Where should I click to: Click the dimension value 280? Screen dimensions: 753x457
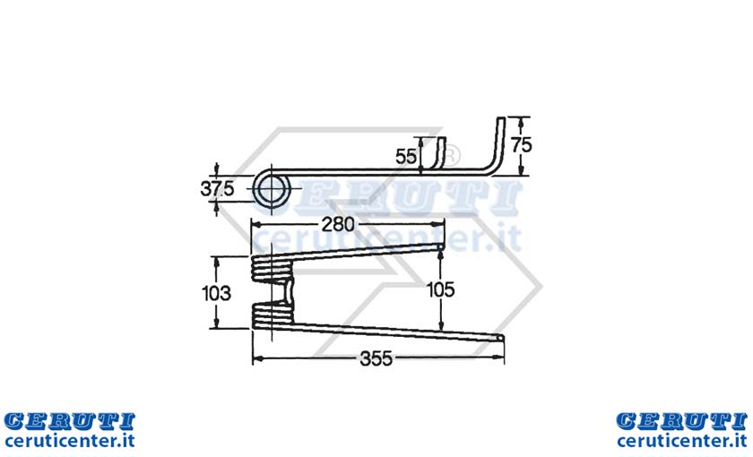[338, 224]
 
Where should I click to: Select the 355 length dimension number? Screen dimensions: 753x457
[376, 358]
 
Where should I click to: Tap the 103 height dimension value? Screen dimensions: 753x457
[216, 293]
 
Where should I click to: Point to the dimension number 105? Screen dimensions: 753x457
[440, 289]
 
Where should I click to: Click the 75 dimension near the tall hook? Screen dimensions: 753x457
[522, 144]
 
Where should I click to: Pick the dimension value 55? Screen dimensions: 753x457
[406, 157]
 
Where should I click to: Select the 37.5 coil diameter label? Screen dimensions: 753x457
[217, 189]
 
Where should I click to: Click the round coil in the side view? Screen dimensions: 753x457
[272, 189]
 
